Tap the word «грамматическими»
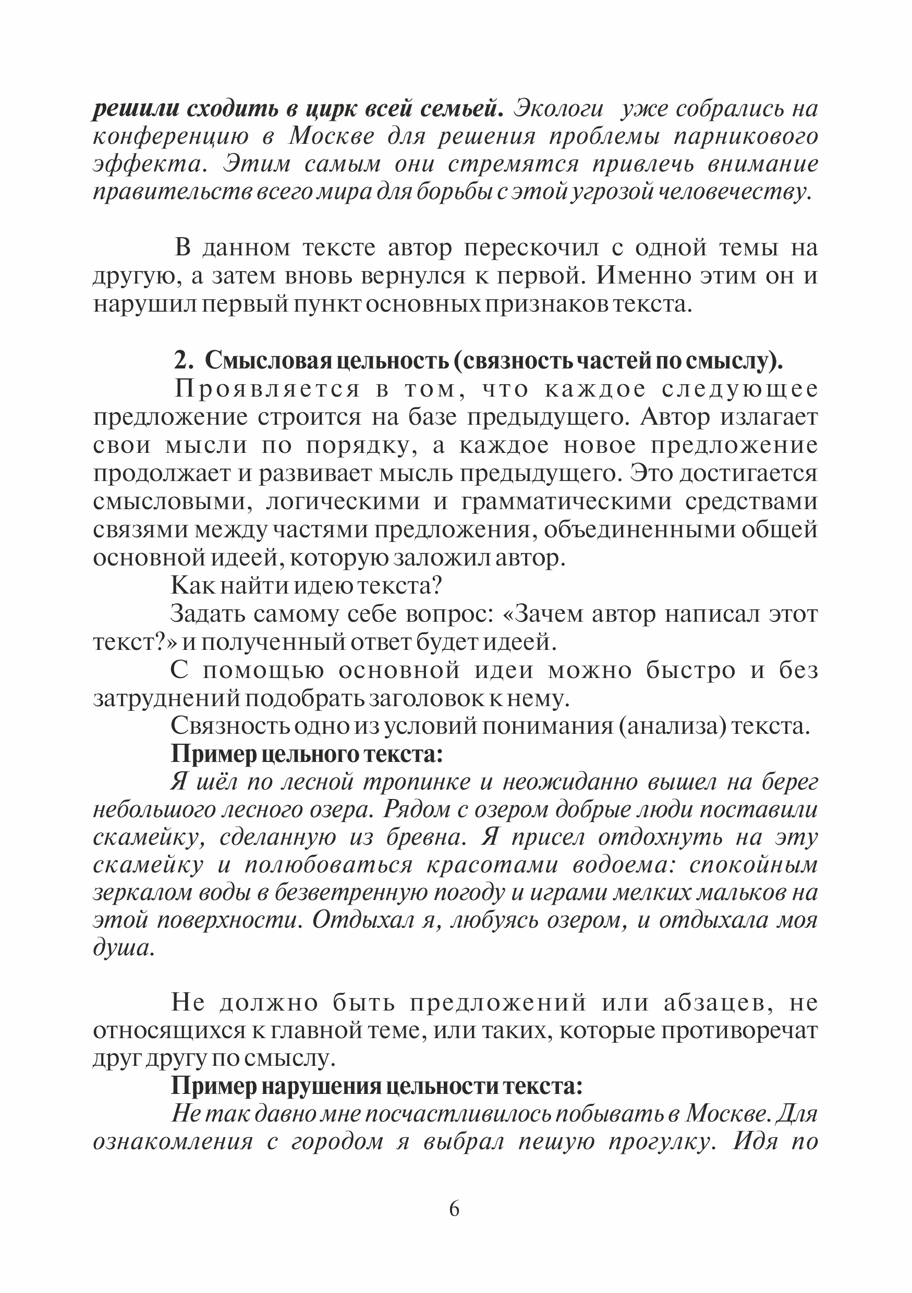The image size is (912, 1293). point(566,501)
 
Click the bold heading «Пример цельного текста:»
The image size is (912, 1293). point(307,754)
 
